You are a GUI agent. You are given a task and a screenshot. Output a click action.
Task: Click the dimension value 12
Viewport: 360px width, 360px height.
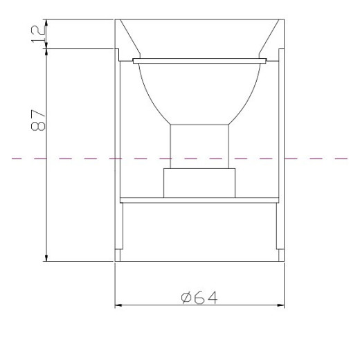(x=38, y=34)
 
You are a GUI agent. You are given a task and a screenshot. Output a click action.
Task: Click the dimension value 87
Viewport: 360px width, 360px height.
(x=38, y=120)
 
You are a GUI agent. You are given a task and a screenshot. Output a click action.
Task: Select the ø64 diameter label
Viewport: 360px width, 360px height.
(x=199, y=298)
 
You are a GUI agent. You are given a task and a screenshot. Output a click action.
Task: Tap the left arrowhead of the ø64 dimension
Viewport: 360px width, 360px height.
(x=118, y=305)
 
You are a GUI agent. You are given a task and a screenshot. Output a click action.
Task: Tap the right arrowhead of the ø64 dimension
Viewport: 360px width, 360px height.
(x=280, y=305)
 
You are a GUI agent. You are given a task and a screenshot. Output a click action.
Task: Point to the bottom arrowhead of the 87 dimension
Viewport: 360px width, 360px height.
(x=46, y=258)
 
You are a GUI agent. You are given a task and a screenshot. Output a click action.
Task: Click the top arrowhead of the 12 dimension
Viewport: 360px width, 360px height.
(x=46, y=23)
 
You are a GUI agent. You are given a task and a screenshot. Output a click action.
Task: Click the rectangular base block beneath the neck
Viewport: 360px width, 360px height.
(x=199, y=183)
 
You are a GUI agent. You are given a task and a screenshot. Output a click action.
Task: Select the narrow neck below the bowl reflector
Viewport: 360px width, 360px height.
(x=199, y=147)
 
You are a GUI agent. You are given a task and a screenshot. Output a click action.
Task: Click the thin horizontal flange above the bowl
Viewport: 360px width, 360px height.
(x=200, y=61)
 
